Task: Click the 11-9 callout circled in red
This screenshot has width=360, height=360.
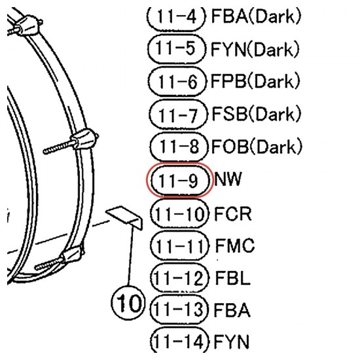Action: pos(178,180)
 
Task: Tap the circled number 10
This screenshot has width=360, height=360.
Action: pos(128,302)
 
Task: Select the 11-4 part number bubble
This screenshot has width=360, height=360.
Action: pos(176,18)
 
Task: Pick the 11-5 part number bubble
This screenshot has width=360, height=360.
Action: pos(176,48)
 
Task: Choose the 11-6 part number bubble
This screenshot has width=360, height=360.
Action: pos(177,81)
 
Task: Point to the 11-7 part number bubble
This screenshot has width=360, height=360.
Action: pos(178,114)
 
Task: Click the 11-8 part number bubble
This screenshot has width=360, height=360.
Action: pos(179,147)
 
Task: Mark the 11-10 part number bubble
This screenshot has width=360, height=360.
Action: pos(180,213)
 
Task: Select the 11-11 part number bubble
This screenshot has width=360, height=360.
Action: pos(180,245)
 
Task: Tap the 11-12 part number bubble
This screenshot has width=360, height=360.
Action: pos(179,278)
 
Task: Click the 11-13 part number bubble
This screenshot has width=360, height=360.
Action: pos(179,309)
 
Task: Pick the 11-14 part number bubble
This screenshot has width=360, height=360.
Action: pos(180,342)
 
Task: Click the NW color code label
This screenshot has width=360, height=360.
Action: pos(228,179)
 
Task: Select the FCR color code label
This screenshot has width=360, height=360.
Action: pos(233,213)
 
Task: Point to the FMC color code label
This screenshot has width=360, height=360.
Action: pos(234,245)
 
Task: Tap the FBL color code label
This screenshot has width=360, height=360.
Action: pos(232,278)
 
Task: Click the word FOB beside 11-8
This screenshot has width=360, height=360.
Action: pos(230,147)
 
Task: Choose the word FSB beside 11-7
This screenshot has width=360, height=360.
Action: pos(229,114)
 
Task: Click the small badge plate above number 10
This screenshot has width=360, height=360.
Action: pos(124,217)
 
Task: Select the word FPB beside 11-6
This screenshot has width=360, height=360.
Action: pos(228,81)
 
